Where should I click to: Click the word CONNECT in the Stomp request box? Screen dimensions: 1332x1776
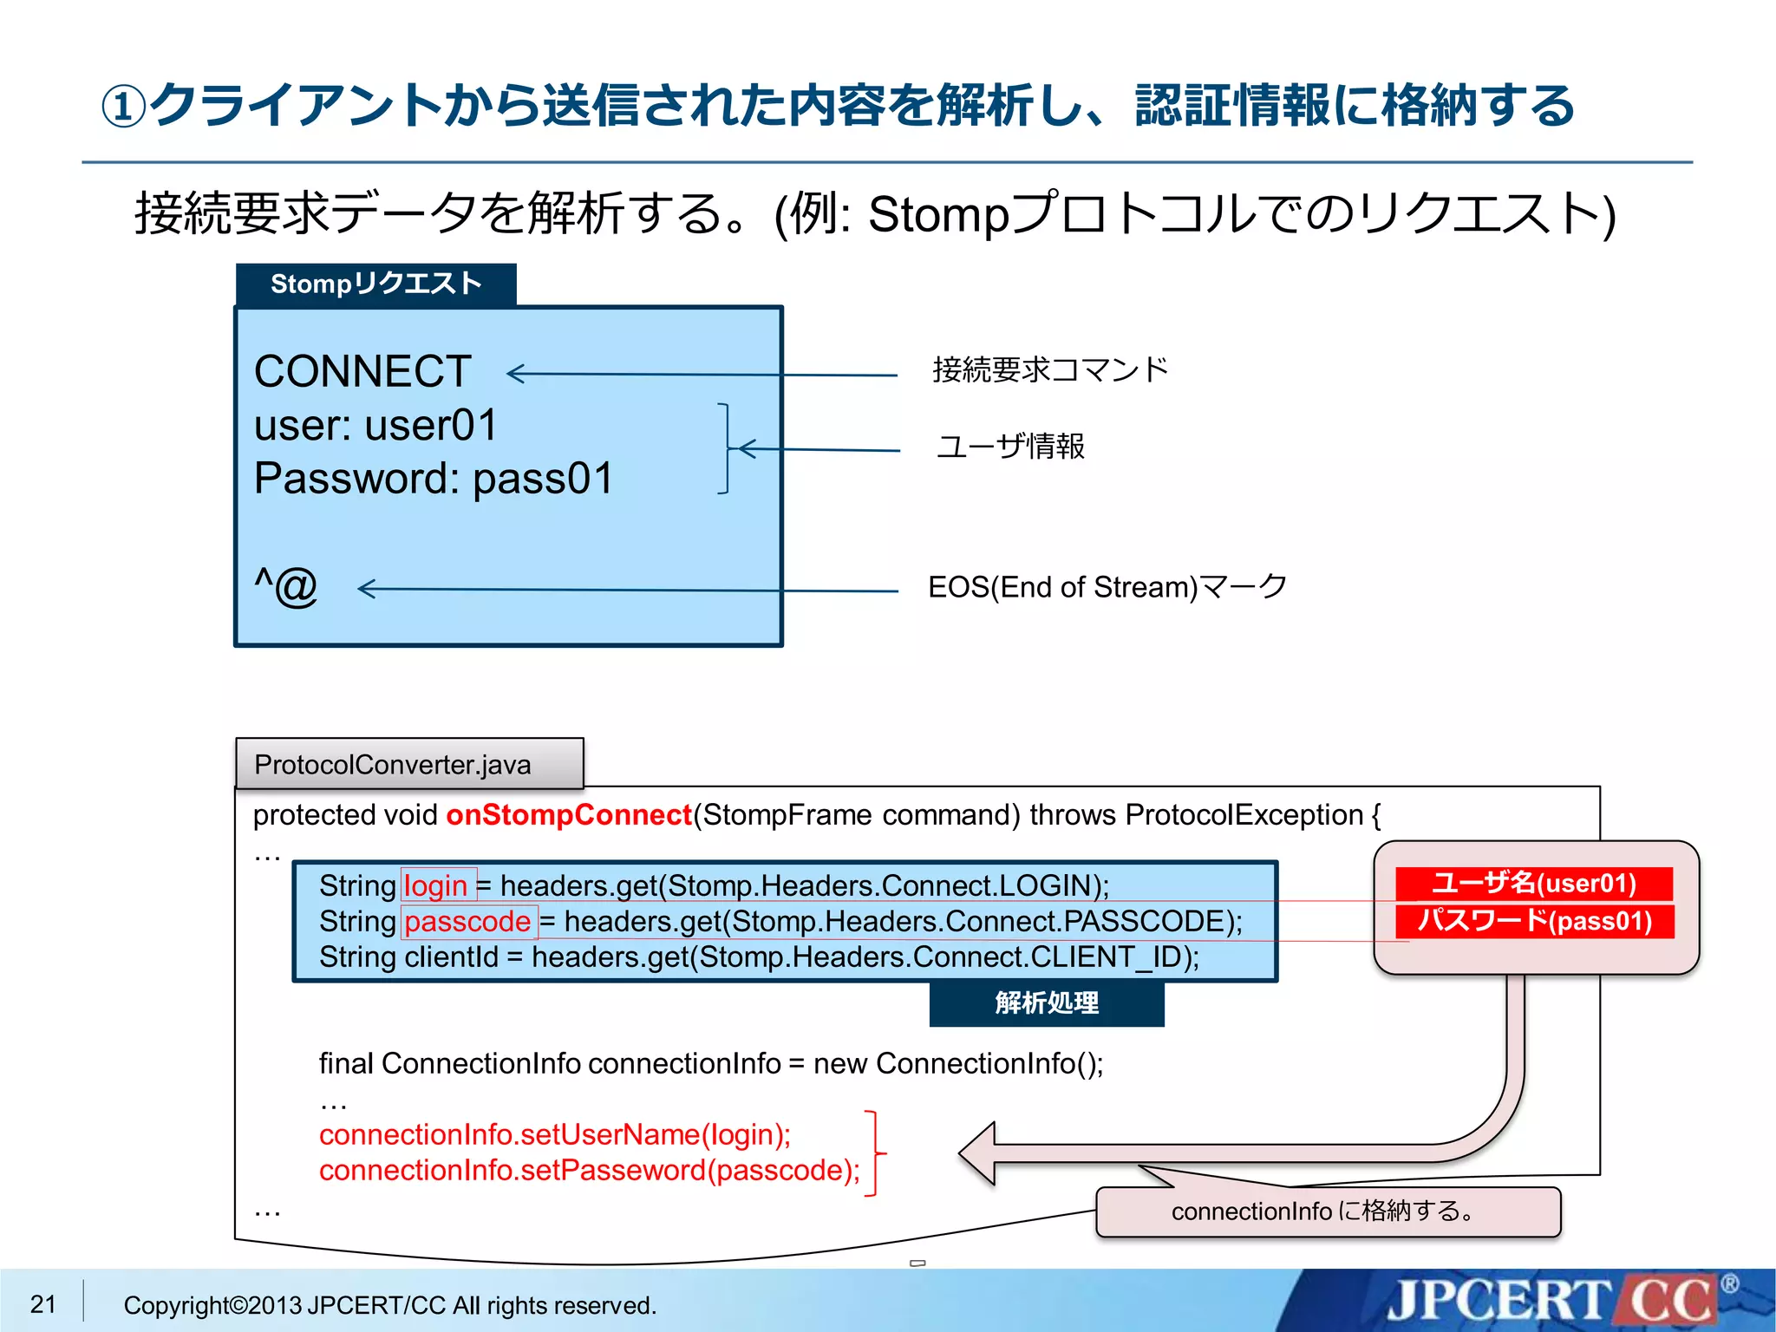pyautogui.click(x=362, y=372)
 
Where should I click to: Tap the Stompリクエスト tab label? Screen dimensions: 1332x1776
pyautogui.click(x=376, y=284)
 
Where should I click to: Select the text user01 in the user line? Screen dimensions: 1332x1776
pyautogui.click(x=431, y=426)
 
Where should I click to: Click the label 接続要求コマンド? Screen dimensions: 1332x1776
pyautogui.click(x=1050, y=370)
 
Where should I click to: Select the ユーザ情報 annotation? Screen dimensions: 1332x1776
pyautogui.click(x=1010, y=447)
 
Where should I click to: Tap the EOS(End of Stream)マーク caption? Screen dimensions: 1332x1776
pyautogui.click(x=1107, y=587)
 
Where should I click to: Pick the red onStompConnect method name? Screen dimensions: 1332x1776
pyautogui.click(x=569, y=815)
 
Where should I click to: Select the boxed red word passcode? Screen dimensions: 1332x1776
pyautogui.click(x=468, y=921)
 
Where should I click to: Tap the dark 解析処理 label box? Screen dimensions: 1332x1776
pyautogui.click(x=1047, y=1003)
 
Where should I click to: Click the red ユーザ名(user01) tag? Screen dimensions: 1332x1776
pyautogui.click(x=1533, y=884)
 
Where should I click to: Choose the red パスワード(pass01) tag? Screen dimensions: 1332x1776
pyautogui.click(x=1534, y=921)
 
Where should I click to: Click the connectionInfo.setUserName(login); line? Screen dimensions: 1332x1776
pyautogui.click(x=555, y=1134)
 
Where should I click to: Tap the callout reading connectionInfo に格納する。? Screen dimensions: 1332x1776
pyautogui.click(x=1328, y=1211)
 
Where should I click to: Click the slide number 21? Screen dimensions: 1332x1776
pyautogui.click(x=43, y=1303)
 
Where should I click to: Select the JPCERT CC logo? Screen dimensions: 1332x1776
pyautogui.click(x=1552, y=1301)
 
